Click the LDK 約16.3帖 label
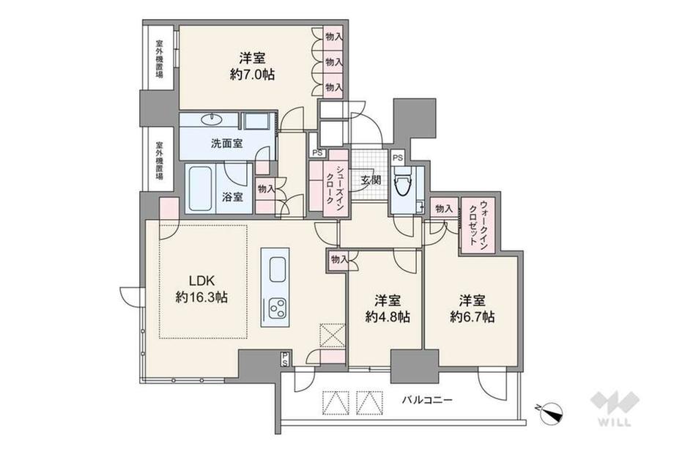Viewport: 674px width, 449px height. pyautogui.click(x=201, y=289)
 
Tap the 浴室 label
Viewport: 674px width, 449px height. pyautogui.click(x=233, y=196)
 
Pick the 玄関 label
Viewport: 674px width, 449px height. pyautogui.click(x=369, y=179)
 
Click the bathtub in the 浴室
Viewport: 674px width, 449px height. pyautogui.click(x=199, y=188)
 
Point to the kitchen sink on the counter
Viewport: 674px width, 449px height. pyautogui.click(x=278, y=269)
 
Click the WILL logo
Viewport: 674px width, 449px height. pyautogui.click(x=615, y=409)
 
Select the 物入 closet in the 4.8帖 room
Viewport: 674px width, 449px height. pyautogui.click(x=338, y=259)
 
